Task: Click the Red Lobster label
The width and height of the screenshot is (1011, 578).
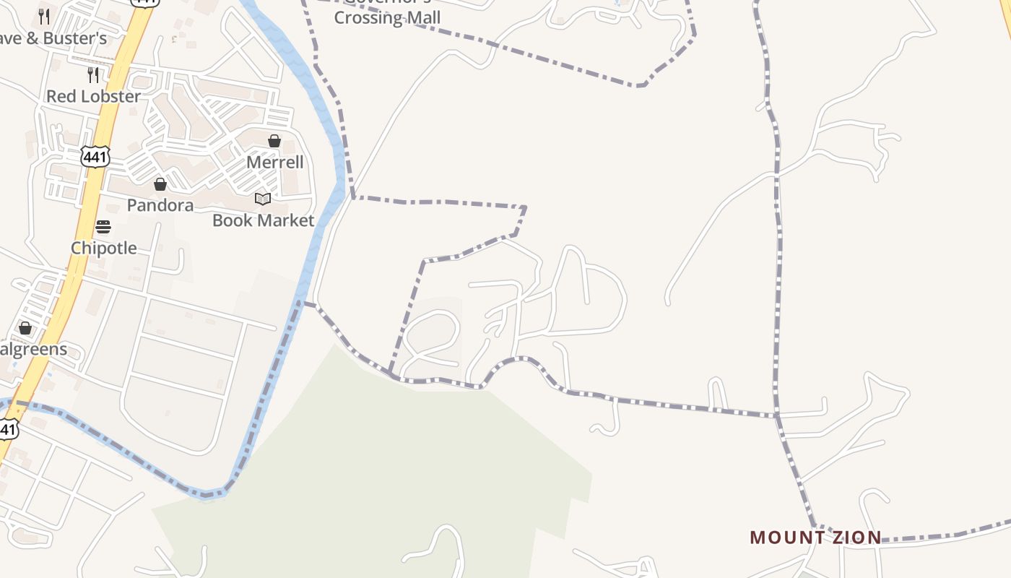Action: (94, 96)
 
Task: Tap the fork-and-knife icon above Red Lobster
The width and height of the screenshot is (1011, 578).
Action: (93, 74)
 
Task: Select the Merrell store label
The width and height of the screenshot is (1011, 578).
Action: (275, 162)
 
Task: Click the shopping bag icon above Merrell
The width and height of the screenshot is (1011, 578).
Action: (274, 141)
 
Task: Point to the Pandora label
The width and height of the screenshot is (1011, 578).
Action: (160, 205)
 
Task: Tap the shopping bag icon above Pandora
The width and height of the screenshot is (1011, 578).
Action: (160, 184)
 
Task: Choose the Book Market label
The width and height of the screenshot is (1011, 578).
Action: (264, 220)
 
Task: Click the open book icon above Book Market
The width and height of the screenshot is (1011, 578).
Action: (263, 199)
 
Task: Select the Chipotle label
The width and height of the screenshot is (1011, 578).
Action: (104, 248)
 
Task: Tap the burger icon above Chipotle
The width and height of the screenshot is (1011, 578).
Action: (103, 227)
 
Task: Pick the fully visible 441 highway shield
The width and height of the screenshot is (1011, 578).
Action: (95, 156)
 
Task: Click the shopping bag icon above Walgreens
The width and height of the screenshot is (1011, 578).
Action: (25, 329)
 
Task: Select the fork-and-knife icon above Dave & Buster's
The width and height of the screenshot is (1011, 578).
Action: (44, 16)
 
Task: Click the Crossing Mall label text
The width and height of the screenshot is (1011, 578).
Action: (387, 17)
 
